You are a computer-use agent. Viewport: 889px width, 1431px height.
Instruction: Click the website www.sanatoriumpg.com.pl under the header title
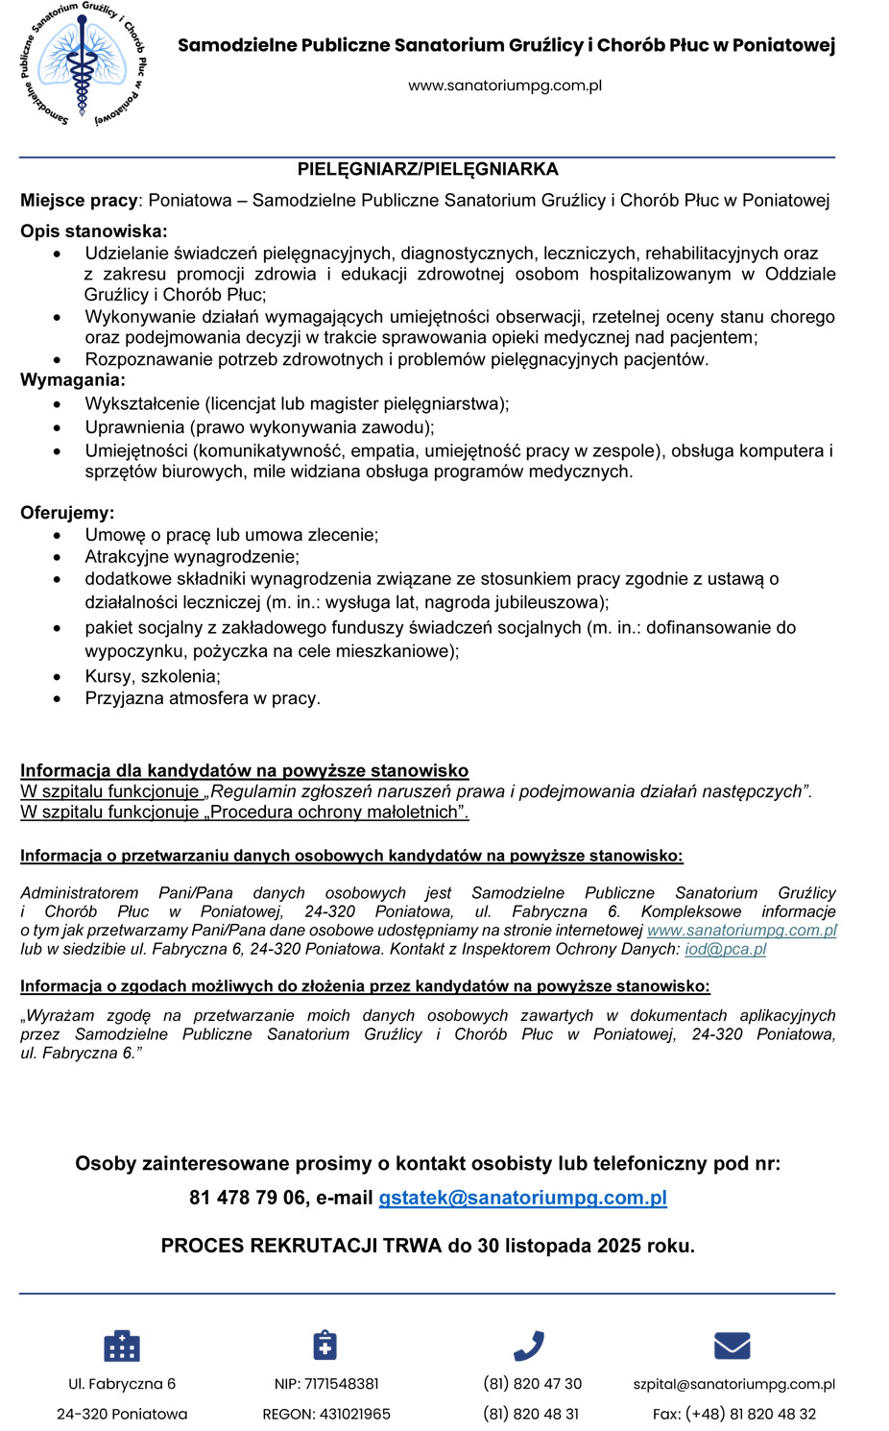[x=505, y=85]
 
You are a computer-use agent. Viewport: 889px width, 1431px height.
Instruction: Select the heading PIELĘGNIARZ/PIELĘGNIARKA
[x=427, y=169]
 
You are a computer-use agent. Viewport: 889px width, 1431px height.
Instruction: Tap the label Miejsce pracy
[x=80, y=201]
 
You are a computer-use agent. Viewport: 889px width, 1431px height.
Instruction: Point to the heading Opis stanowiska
[x=93, y=231]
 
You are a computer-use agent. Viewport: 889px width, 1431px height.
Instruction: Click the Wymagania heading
[x=72, y=380]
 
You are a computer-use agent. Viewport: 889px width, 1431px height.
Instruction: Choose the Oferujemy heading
[x=67, y=513]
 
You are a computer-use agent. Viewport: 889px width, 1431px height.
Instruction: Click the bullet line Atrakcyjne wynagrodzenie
[x=192, y=557]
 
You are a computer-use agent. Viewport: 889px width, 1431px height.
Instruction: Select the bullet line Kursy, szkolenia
[x=153, y=676]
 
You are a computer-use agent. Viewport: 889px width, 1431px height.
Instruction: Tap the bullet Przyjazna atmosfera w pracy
[x=203, y=698]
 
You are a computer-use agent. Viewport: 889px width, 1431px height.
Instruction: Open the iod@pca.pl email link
[x=725, y=949]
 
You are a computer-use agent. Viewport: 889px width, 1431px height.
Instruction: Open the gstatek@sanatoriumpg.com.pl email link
[x=522, y=1198]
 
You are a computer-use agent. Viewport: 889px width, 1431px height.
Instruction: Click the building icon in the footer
[x=122, y=1346]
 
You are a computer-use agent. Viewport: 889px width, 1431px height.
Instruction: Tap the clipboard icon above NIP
[x=325, y=1345]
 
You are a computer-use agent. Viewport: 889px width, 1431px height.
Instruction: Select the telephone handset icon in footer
[x=529, y=1346]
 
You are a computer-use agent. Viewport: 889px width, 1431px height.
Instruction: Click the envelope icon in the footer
[x=733, y=1346]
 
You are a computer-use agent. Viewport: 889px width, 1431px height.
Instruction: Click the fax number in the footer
[x=751, y=1414]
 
